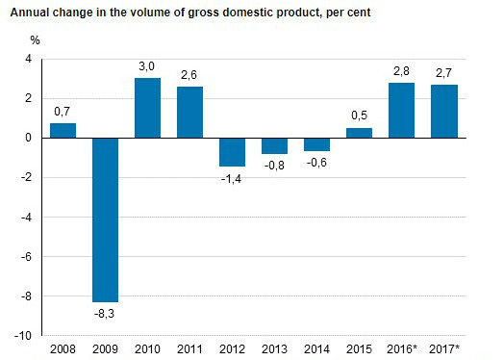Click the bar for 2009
(x=105, y=219)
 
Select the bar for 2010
(x=147, y=108)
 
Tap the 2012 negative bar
(x=233, y=152)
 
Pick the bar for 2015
(x=359, y=133)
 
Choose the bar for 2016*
(x=401, y=110)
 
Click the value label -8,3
(x=105, y=313)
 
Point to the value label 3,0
(x=147, y=65)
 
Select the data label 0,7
(x=63, y=112)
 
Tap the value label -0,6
(x=316, y=163)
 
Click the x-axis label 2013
(x=274, y=348)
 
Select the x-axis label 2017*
(x=444, y=348)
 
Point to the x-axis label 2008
(x=63, y=348)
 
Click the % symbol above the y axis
(x=35, y=40)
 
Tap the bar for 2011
(x=189, y=113)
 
